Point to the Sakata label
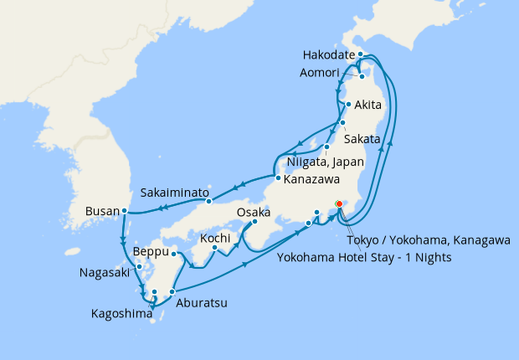pyautogui.click(x=362, y=138)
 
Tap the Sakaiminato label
pyautogui.click(x=175, y=193)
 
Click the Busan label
pyautogui.click(x=103, y=211)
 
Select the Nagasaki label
pyautogui.click(x=105, y=273)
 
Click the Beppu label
pyautogui.click(x=151, y=251)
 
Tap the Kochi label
pyautogui.click(x=215, y=239)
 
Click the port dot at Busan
pyautogui.click(x=124, y=211)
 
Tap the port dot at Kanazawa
pyautogui.click(x=276, y=177)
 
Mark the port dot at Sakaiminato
pyautogui.click(x=209, y=201)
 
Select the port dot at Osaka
pyautogui.click(x=254, y=223)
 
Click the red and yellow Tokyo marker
pyautogui.click(x=339, y=203)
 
